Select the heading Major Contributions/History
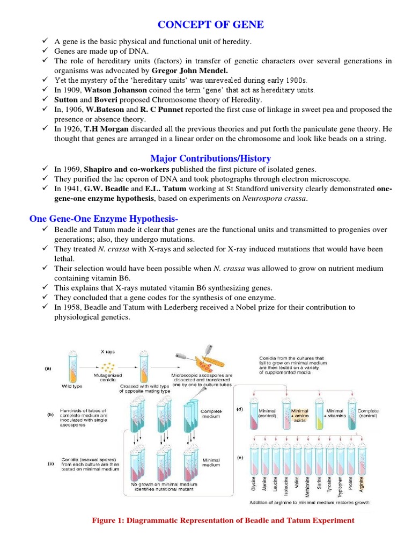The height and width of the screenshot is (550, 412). click(210, 158)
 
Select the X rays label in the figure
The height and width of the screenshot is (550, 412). click(108, 352)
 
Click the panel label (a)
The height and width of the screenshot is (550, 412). click(49, 369)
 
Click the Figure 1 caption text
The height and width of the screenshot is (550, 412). click(223, 520)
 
